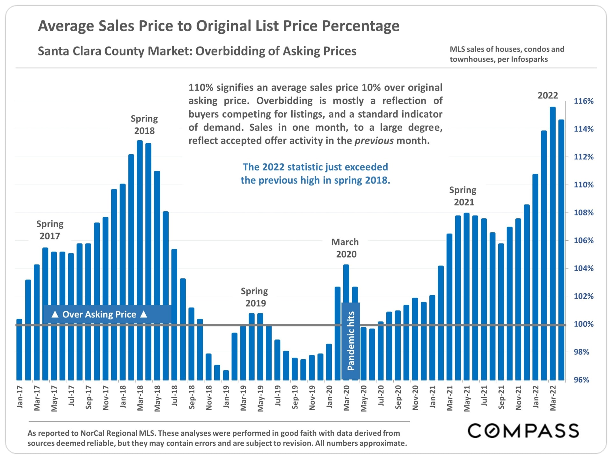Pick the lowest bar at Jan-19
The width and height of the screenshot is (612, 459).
(x=226, y=375)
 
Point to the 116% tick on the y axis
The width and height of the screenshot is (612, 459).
(x=583, y=101)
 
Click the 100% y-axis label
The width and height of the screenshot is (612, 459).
(x=583, y=324)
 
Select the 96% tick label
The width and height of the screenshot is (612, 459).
(x=581, y=380)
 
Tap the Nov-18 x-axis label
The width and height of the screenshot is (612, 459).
(x=209, y=397)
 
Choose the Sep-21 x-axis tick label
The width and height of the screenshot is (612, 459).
(x=501, y=397)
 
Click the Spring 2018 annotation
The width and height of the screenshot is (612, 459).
(x=144, y=125)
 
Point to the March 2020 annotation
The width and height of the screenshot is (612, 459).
(x=345, y=248)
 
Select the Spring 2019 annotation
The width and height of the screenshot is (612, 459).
(x=255, y=297)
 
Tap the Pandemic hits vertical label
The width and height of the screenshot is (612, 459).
(x=351, y=340)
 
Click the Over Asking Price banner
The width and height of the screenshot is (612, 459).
(x=99, y=315)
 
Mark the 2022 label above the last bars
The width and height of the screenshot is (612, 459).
(x=548, y=95)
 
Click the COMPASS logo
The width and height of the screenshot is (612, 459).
(x=523, y=431)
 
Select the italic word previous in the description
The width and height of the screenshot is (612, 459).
(x=374, y=141)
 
